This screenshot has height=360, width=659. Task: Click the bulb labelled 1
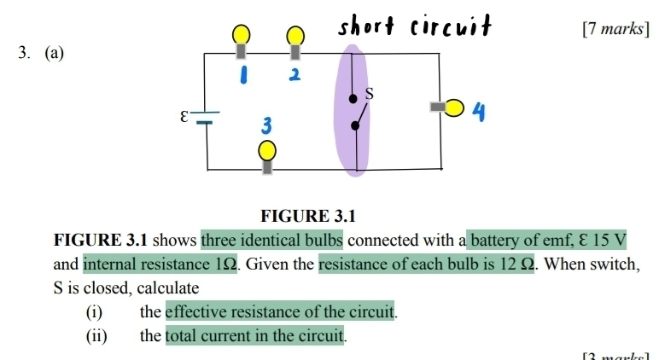coord(242,36)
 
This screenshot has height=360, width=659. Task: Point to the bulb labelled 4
coord(453,107)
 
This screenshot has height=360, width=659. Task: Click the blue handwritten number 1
coord(243,74)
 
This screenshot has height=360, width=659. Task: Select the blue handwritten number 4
coord(481,110)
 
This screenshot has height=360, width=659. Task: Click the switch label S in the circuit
coord(370,92)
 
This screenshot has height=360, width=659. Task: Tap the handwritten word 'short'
coord(368,26)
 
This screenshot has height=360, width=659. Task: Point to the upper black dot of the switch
coord(353,98)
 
